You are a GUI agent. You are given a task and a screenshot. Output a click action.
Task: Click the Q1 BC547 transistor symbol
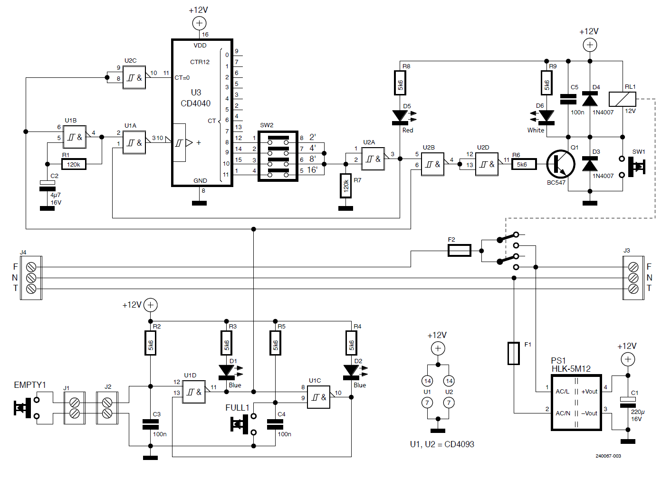pos(560,164)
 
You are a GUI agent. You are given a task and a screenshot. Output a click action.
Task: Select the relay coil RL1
pos(622,99)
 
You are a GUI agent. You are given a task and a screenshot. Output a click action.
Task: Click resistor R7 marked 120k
pos(345,186)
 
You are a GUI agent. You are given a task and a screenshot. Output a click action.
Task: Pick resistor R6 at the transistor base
pos(524,164)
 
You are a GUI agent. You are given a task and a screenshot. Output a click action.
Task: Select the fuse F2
pos(460,250)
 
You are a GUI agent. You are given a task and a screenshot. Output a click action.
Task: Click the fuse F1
pos(514,353)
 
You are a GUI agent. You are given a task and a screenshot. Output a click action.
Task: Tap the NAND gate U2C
pos(134,77)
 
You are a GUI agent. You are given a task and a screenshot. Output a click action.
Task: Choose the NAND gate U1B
pos(75,137)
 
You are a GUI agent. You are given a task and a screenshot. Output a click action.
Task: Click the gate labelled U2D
pos(487,164)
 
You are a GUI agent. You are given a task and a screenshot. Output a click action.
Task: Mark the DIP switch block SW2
pos(278,156)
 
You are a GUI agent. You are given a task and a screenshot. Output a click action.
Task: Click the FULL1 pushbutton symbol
pos(240,424)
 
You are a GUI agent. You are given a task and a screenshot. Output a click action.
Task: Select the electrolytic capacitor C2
pos(47,186)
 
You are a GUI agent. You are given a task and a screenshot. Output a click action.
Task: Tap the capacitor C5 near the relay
pos(568,99)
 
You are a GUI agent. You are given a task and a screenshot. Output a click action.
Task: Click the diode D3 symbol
pos(590,164)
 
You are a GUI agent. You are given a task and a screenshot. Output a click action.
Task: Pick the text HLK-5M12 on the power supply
pos(571,369)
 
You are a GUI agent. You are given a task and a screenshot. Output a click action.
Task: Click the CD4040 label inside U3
pos(195,103)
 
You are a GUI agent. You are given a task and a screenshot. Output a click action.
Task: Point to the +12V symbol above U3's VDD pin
pos(199,23)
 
